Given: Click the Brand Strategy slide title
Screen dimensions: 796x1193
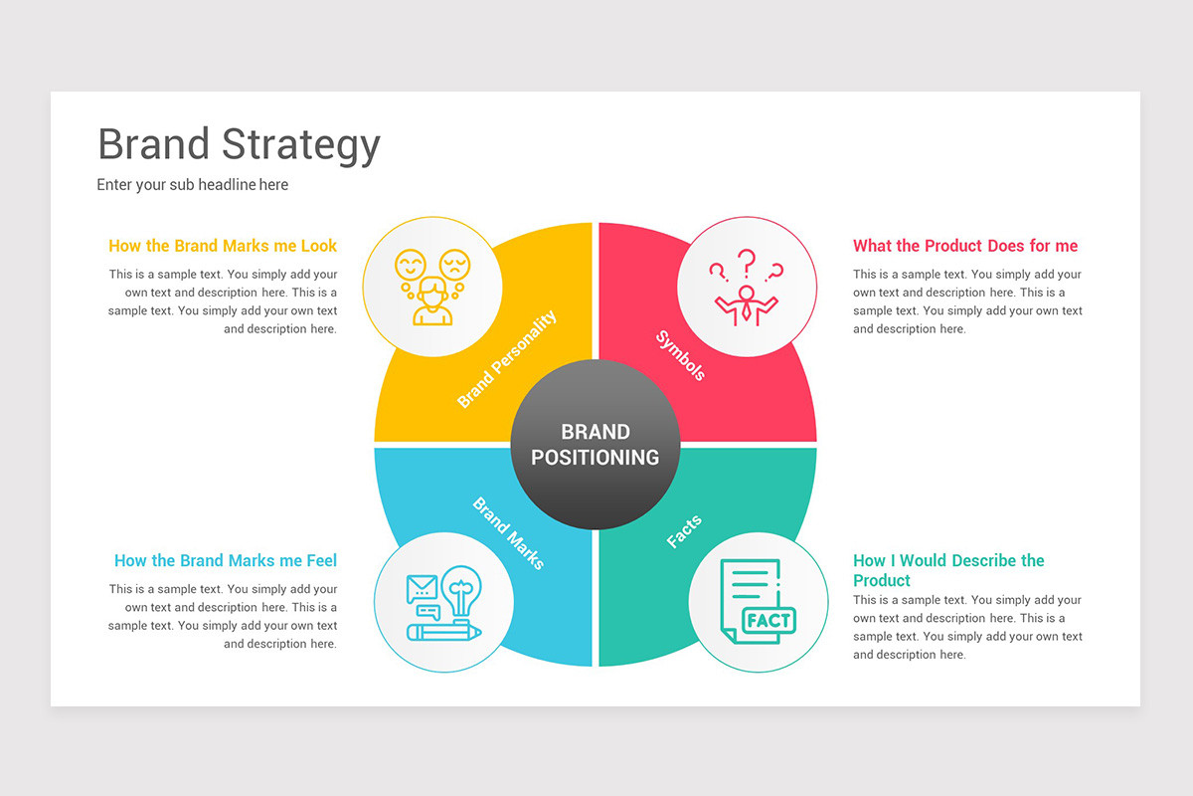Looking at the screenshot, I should point(239,144).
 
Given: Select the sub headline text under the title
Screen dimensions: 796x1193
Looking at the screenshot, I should point(192,184).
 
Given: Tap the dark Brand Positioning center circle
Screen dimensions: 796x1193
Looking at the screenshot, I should point(595,445).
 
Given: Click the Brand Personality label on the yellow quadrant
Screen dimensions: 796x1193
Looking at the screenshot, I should point(506,359).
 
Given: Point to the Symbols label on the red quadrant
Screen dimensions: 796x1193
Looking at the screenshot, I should point(681,355).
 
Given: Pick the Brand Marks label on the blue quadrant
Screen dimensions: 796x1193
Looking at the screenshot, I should point(508,533).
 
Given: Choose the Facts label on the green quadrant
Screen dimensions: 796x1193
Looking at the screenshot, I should point(684,531).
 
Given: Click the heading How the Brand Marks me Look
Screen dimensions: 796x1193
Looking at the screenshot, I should point(223,246).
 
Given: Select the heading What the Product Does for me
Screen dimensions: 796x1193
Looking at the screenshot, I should point(964,246).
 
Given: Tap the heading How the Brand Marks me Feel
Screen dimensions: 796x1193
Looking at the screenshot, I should point(226,560).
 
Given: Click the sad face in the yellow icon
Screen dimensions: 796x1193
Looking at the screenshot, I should point(454,264).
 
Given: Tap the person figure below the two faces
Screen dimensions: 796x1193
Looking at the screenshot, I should point(432,302).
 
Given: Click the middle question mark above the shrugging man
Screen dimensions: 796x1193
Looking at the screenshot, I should point(747,262).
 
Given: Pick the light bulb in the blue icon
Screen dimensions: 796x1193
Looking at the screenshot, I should point(460,590).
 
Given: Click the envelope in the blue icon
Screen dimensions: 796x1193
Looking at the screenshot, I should point(422,588).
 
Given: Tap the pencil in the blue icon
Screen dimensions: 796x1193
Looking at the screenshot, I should point(443,632).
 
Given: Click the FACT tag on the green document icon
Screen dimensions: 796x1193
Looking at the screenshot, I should point(768,620).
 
